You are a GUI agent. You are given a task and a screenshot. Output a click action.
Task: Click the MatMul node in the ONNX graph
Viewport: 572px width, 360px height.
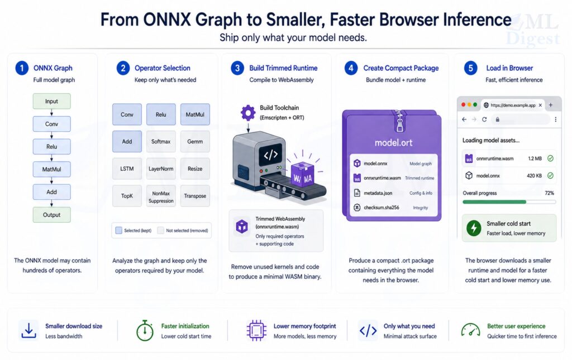click(x=51, y=169)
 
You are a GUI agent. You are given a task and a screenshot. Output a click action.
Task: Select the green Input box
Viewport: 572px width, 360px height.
click(x=51, y=102)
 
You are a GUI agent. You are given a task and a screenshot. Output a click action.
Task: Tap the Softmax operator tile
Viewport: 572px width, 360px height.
click(x=161, y=141)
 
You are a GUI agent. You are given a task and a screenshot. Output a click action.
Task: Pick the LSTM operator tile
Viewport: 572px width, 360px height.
click(x=127, y=169)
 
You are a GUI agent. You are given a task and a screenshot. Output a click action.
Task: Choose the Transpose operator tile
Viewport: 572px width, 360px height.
click(x=195, y=196)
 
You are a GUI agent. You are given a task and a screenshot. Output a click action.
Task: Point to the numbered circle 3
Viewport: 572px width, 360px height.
click(x=237, y=68)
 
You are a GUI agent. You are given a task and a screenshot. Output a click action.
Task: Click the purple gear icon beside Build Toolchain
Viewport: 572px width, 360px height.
click(x=248, y=113)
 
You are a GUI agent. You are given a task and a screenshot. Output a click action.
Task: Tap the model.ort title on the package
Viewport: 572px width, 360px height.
click(x=393, y=143)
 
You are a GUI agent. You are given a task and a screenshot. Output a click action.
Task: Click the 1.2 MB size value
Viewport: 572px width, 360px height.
click(x=535, y=159)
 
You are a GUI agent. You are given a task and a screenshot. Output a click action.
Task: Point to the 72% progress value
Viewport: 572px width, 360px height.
click(x=549, y=193)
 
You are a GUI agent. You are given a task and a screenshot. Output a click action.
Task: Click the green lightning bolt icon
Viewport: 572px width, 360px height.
click(x=474, y=228)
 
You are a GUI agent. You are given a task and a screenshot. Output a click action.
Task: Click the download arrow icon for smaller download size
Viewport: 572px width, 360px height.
click(x=28, y=330)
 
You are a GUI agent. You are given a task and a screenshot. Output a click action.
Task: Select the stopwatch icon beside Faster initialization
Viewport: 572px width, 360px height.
click(x=145, y=330)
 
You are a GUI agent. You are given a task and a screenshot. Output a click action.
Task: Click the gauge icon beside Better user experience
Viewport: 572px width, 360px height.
click(x=470, y=330)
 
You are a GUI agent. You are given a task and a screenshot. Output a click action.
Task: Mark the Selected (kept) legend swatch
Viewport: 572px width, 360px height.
click(x=118, y=230)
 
